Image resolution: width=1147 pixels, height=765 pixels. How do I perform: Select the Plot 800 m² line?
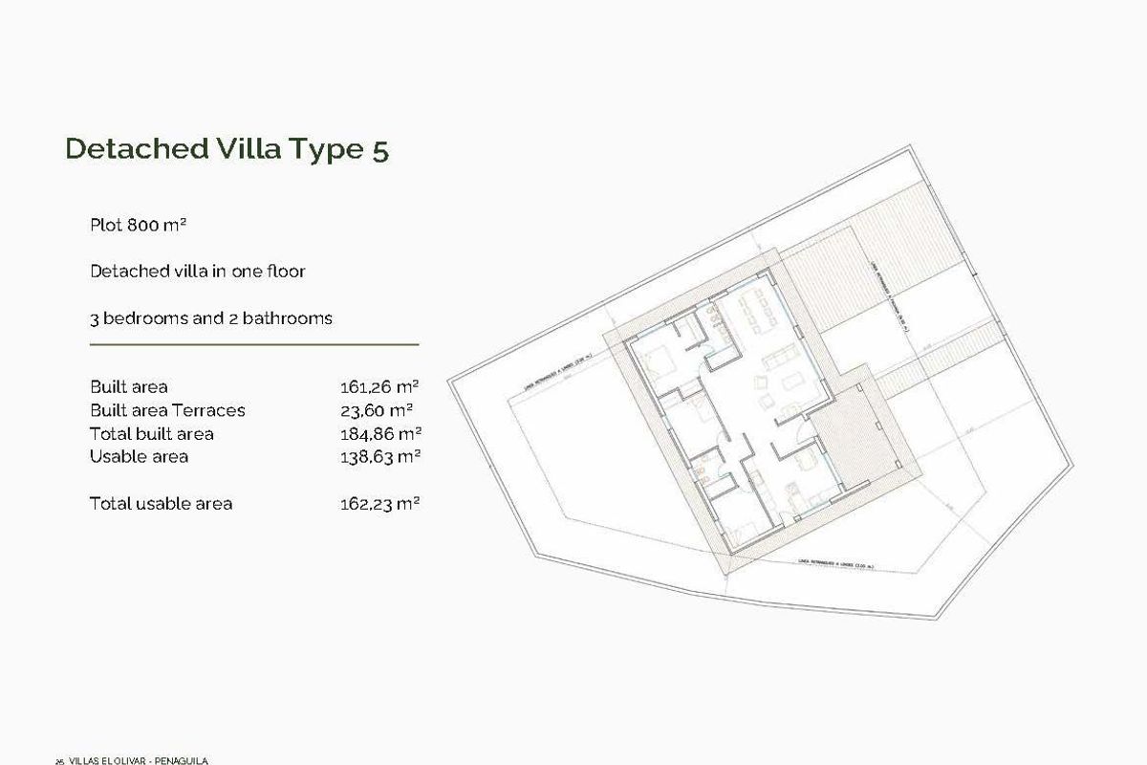(138, 226)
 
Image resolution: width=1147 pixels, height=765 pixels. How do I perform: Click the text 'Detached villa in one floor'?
(197, 272)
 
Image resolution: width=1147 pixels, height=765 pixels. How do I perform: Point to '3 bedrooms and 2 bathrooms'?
(210, 317)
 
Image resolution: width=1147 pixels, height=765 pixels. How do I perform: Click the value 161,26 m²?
(379, 387)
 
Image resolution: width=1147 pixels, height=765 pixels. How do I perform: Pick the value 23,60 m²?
(377, 410)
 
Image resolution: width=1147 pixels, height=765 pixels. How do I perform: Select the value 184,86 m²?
(379, 433)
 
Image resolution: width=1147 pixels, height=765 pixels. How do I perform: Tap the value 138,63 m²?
(379, 456)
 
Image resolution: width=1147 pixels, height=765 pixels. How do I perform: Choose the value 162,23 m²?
(379, 503)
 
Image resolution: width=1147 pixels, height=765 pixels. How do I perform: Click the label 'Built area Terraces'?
(167, 410)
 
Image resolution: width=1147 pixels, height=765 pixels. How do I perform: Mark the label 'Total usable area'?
(161, 503)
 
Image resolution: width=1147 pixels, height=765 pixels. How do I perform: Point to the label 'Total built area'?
(151, 433)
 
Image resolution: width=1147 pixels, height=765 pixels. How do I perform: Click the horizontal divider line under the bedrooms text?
(254, 343)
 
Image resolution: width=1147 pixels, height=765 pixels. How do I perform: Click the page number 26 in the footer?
(59, 761)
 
